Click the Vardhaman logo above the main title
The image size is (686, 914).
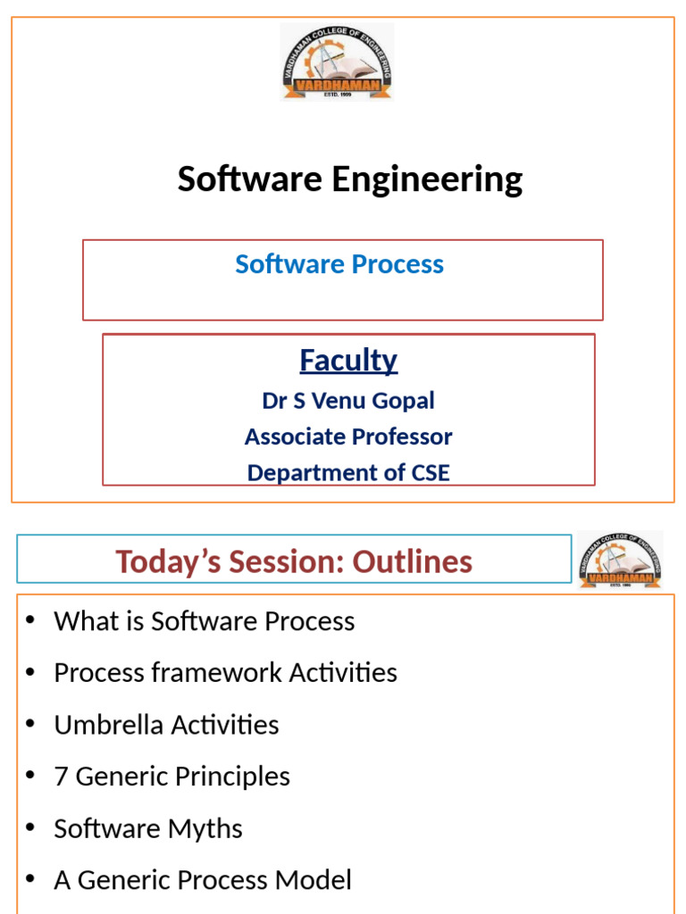click(x=337, y=62)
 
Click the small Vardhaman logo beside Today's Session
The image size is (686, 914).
click(x=620, y=560)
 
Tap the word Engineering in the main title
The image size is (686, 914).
click(x=427, y=179)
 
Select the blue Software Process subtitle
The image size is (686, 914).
click(x=339, y=264)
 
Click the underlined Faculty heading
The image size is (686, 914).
click(x=348, y=360)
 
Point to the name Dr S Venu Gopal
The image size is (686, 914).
click(x=348, y=401)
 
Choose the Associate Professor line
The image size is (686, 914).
click(x=348, y=436)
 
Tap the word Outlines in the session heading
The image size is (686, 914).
click(x=413, y=561)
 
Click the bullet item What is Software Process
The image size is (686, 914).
click(x=205, y=621)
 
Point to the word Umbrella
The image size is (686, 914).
click(x=104, y=725)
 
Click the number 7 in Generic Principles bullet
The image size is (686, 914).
click(x=61, y=777)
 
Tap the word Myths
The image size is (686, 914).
click(x=208, y=828)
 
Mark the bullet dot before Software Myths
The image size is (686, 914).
click(x=30, y=828)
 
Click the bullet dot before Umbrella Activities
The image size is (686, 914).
click(x=30, y=725)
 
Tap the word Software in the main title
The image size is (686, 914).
click(x=250, y=179)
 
